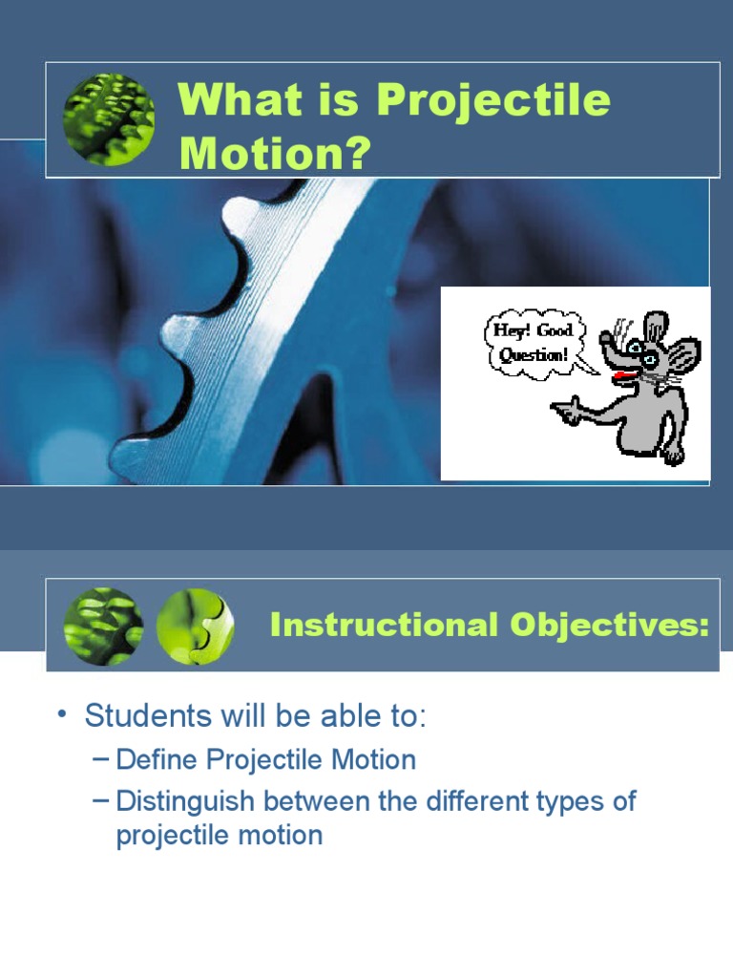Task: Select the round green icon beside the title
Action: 109,120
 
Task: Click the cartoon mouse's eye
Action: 648,358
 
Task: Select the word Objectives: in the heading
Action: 611,626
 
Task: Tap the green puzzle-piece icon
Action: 195,627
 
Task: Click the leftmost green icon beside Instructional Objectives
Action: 103,627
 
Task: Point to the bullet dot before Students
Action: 62,715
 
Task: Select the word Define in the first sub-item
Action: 157,760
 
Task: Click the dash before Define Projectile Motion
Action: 102,760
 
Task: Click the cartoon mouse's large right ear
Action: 683,357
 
